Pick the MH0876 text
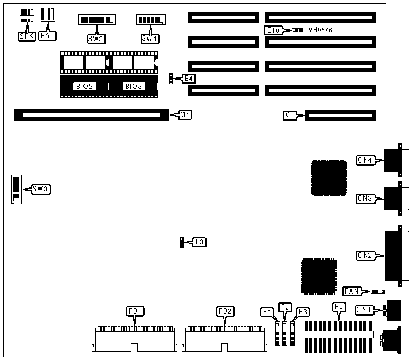320,30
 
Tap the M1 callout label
186,115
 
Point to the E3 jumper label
199,242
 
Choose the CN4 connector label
365,160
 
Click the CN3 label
365,198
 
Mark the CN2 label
365,255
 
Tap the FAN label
352,291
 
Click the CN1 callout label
365,309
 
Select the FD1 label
136,311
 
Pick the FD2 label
224,311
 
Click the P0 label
339,306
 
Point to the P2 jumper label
285,307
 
